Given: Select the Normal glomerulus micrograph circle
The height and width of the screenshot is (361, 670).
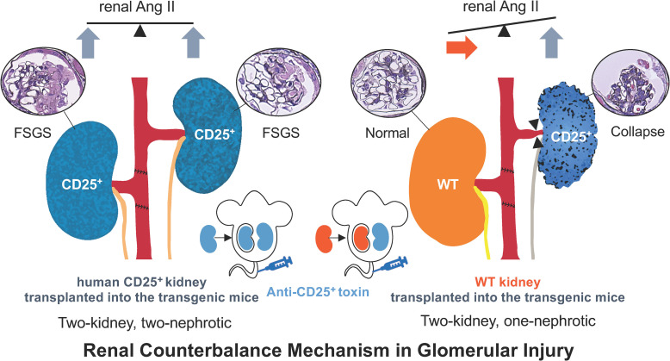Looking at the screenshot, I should click(x=390, y=85).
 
